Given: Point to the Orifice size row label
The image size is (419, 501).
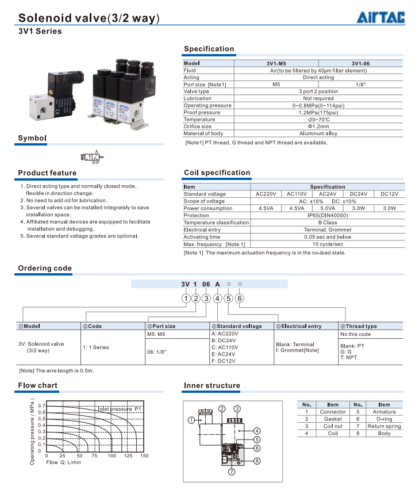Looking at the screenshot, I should (198, 127).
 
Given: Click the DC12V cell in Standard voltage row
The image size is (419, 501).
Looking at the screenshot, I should (390, 194).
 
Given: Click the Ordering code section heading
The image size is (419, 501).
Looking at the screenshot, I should (45, 268).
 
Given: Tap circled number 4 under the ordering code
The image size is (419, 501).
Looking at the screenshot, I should (218, 298).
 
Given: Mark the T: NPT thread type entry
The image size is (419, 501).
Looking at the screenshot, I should (348, 357).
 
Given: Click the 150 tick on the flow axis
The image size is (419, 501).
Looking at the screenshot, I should (144, 456).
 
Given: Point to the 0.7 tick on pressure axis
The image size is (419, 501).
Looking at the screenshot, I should (41, 406).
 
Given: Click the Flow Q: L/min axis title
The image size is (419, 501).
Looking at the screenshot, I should (63, 462).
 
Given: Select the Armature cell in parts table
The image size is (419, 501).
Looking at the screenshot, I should (384, 412).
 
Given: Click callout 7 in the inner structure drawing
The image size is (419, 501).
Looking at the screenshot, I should (232, 472).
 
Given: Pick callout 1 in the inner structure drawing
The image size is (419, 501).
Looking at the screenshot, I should (191, 420).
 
